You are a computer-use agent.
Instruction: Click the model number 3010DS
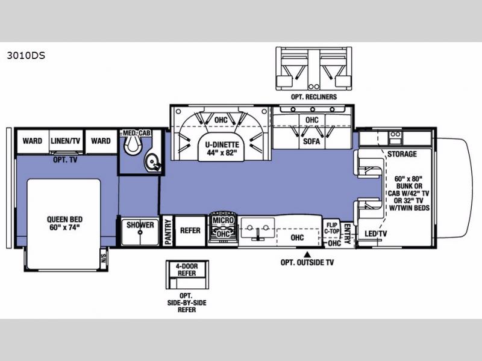[26, 55]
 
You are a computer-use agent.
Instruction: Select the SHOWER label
[140, 225]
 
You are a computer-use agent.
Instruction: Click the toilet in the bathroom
[132, 144]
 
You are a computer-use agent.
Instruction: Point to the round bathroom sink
[152, 160]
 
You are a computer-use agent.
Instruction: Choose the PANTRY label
[168, 232]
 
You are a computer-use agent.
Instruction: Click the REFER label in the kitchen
[190, 230]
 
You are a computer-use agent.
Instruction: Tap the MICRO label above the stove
[224, 220]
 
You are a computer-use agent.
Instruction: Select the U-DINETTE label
[222, 145]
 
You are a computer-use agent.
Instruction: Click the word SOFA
[311, 141]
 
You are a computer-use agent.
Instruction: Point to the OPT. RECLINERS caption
[314, 97]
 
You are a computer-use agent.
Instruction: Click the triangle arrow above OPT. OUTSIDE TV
[307, 255]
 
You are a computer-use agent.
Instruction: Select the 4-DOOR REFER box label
[187, 270]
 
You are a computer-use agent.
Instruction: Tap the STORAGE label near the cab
[402, 154]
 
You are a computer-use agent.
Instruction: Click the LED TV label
[375, 234]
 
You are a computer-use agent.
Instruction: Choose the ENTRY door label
[347, 234]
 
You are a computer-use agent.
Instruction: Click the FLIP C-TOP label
[332, 228]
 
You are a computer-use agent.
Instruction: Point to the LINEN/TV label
[65, 141]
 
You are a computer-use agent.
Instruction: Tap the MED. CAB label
[137, 133]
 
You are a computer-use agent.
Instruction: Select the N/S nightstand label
[104, 256]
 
